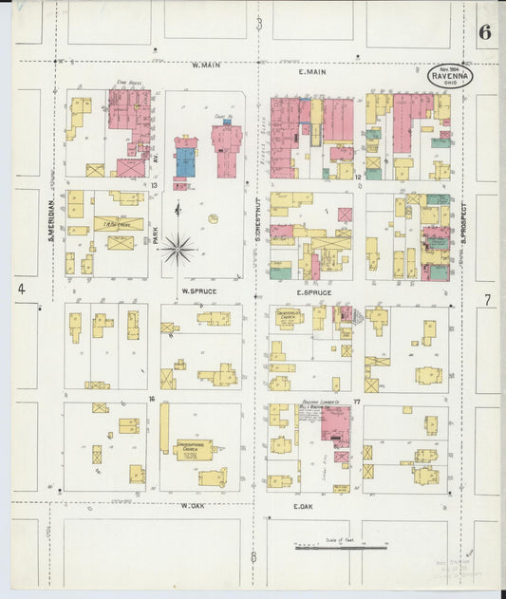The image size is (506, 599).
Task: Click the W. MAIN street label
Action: click(x=205, y=66)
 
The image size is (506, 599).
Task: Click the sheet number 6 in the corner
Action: click(x=484, y=31)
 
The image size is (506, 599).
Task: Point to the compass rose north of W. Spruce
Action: click(x=178, y=249)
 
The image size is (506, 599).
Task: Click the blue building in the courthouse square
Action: click(x=186, y=161)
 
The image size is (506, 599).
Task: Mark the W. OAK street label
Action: click(x=194, y=506)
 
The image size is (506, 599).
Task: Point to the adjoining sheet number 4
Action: click(x=20, y=288)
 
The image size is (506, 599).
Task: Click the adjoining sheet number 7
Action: click(x=487, y=300)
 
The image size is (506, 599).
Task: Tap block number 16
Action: click(x=151, y=400)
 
